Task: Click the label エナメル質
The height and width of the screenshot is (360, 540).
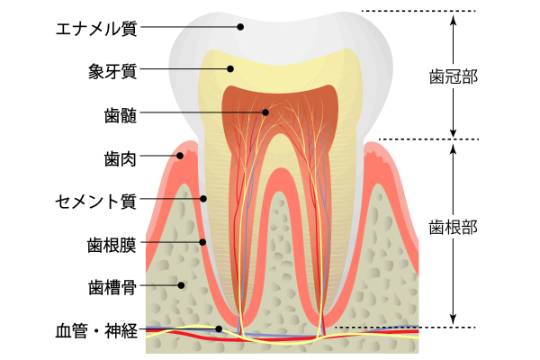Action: [96, 28]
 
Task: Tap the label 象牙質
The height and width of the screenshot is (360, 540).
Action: [112, 72]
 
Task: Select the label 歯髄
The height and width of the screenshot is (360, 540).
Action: [121, 115]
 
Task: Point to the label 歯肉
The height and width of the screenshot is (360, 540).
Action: [121, 158]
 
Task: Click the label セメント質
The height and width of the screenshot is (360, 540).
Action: [95, 202]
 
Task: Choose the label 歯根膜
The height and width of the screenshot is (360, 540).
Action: [112, 245]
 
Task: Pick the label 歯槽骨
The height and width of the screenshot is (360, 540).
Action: [112, 287]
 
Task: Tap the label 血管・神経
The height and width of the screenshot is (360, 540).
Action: [96, 330]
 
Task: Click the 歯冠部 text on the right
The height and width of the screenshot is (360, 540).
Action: [454, 76]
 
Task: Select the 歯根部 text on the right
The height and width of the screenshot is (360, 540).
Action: [454, 228]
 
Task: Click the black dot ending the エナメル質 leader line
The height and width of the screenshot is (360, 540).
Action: [240, 26]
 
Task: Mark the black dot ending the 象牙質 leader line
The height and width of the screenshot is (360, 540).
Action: [230, 69]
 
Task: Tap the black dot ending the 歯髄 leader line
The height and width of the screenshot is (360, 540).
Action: [265, 112]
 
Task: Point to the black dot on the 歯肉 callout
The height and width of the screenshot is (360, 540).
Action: [179, 156]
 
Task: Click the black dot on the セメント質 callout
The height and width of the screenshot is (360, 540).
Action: [203, 199]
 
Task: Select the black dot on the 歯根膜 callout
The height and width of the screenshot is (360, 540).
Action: [202, 242]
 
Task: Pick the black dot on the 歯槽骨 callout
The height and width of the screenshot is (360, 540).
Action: [181, 285]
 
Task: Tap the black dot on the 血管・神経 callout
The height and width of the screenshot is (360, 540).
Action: [219, 329]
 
